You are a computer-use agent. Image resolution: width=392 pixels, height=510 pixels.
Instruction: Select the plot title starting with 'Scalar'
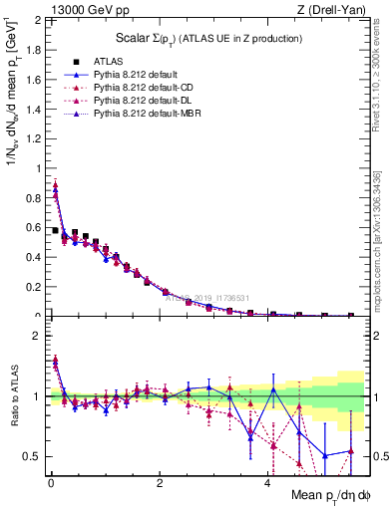(204, 38)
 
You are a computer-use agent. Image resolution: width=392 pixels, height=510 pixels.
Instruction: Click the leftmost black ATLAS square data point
(55, 230)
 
